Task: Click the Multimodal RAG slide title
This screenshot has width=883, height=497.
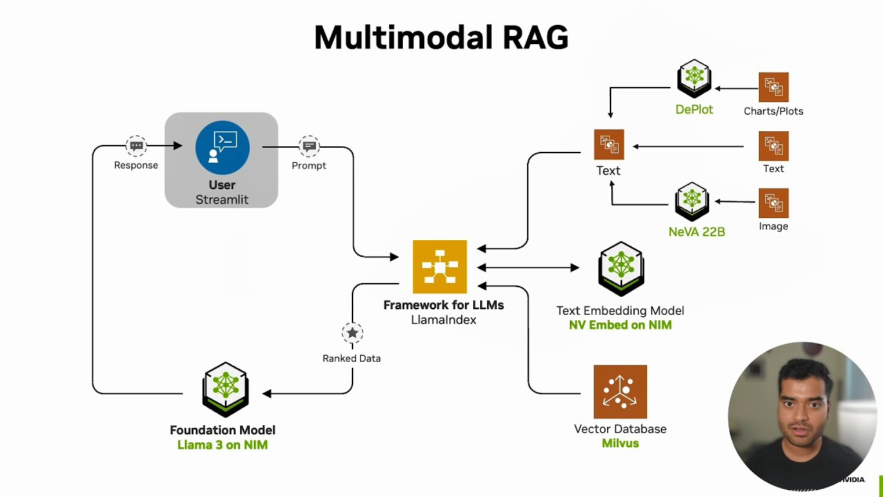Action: [x=441, y=38]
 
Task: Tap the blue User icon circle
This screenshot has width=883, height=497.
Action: [x=222, y=147]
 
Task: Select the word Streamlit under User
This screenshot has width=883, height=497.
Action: [x=221, y=199]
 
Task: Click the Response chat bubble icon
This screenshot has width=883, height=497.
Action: [x=137, y=146]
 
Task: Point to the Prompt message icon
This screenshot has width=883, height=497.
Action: [x=309, y=146]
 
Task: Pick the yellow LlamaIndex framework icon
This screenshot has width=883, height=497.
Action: [x=439, y=267]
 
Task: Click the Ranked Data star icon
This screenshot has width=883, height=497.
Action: [x=353, y=333]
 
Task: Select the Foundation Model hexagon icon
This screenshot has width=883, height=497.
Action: [x=226, y=389]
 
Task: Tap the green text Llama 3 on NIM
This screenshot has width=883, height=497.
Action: [x=222, y=445]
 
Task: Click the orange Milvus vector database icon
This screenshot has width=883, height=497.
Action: [x=620, y=391]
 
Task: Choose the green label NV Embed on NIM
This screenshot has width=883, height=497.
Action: [x=620, y=325]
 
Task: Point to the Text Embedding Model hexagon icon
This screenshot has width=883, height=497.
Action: [x=621, y=268]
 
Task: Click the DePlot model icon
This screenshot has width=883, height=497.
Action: [x=694, y=79]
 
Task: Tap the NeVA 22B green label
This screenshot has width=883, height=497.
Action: [x=697, y=232]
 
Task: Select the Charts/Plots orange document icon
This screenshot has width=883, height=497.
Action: [x=773, y=88]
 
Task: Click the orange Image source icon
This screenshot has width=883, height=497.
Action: [x=773, y=203]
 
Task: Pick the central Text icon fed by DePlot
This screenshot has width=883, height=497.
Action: [x=608, y=144]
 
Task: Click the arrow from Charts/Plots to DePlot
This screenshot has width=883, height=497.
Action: [x=736, y=88]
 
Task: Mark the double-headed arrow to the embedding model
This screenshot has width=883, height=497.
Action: [x=528, y=267]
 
